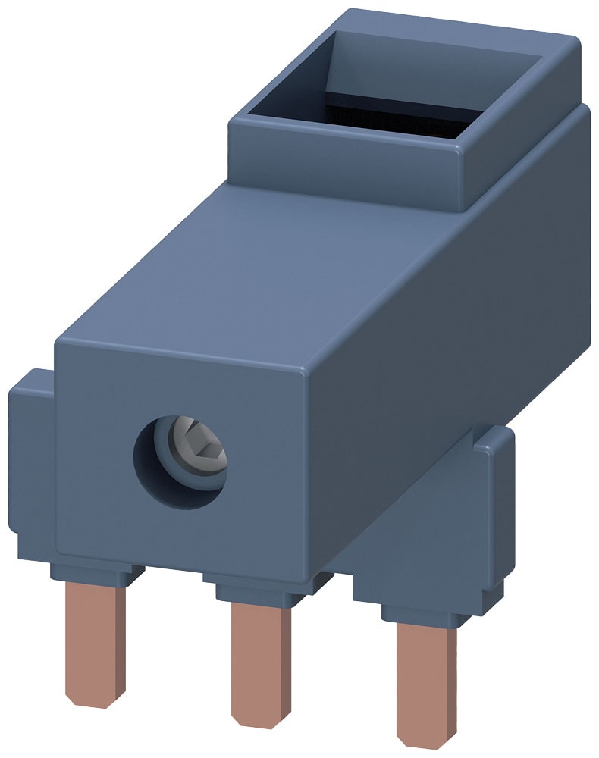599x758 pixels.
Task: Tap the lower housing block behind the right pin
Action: tap(425, 546)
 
